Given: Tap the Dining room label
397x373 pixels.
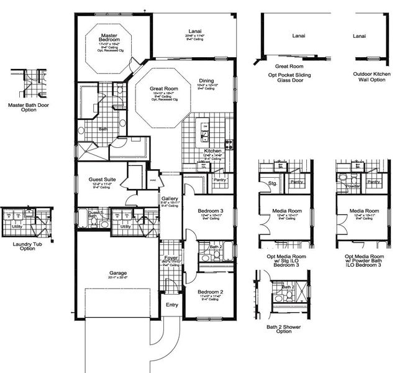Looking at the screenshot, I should (x=206, y=81).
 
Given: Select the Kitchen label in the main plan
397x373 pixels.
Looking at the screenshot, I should (x=213, y=150).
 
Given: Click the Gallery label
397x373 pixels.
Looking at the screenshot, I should (x=170, y=198).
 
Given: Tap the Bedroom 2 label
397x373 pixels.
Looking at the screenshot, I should (x=209, y=292).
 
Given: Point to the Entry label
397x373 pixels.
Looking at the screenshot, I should (x=171, y=305).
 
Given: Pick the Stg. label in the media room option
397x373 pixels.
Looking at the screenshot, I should (x=272, y=184).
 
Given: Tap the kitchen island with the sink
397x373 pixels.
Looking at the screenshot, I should (x=205, y=131).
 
